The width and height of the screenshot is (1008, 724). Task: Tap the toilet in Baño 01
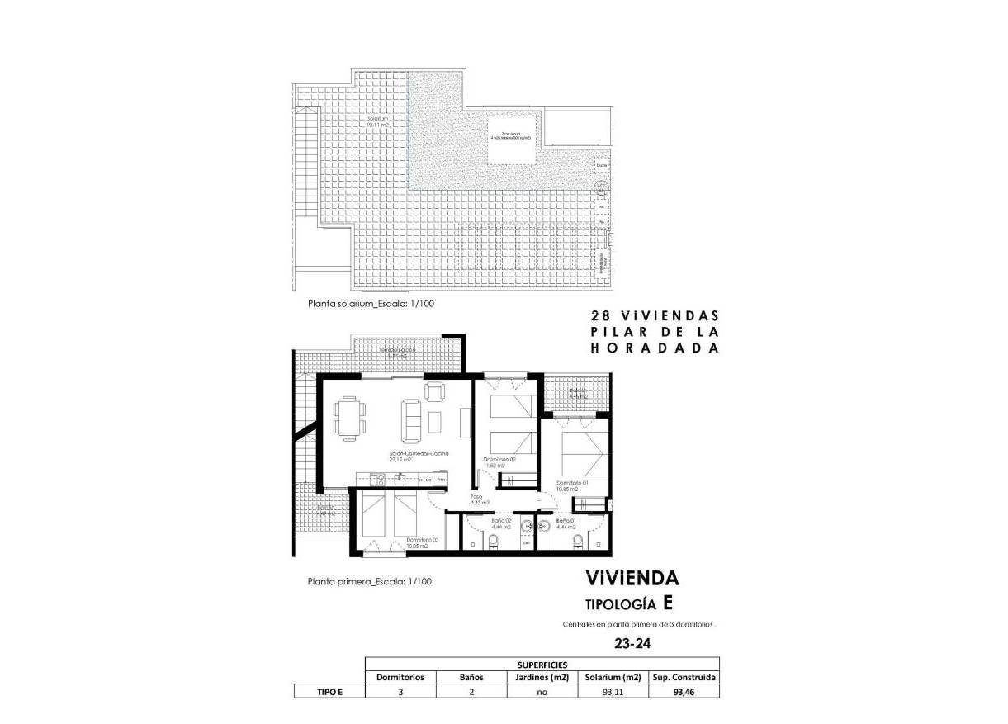[x=578, y=541]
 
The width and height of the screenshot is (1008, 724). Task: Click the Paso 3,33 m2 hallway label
[x=480, y=499]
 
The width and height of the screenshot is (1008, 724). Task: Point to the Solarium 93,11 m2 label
[x=379, y=122]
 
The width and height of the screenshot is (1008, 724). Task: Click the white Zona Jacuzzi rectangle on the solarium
[x=511, y=136]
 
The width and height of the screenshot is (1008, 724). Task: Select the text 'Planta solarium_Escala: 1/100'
[x=371, y=304]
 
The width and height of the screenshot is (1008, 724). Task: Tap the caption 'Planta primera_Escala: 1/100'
[x=369, y=581]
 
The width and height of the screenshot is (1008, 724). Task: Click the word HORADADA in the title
[x=655, y=348]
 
